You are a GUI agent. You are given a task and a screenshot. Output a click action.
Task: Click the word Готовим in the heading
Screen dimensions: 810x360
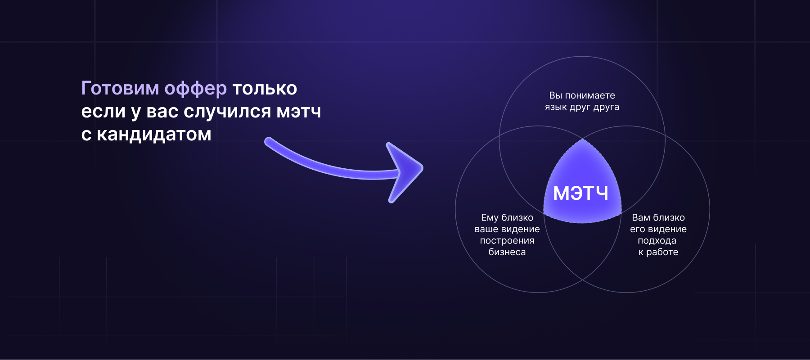pos(120,88)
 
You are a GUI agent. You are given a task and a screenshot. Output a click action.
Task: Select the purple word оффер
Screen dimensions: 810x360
pos(196,89)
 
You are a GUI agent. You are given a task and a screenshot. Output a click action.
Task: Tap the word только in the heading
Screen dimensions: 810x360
pos(265,89)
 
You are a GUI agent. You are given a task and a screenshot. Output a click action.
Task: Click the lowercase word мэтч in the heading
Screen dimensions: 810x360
pos(299,112)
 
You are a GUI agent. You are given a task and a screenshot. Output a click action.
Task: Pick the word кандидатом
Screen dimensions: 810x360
pos(154,134)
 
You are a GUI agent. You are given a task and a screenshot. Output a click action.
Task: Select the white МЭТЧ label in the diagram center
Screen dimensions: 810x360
pos(580,193)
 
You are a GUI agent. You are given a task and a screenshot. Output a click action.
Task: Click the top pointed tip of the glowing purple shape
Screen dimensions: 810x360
pos(583,139)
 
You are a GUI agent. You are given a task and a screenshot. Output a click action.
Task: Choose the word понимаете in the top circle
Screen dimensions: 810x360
pos(590,95)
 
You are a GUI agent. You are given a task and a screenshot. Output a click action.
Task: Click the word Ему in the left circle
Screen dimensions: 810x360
pos(489,218)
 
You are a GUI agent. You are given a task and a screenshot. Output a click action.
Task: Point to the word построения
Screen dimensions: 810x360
pos(507,241)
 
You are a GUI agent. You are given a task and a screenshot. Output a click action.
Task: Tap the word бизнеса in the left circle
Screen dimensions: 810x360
pos(507,252)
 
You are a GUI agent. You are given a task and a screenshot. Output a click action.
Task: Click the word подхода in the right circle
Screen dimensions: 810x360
pos(657,241)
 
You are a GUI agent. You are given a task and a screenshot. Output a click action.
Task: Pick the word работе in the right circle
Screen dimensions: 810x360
pos(662,252)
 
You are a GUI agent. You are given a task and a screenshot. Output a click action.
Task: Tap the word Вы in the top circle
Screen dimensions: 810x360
pos(555,95)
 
